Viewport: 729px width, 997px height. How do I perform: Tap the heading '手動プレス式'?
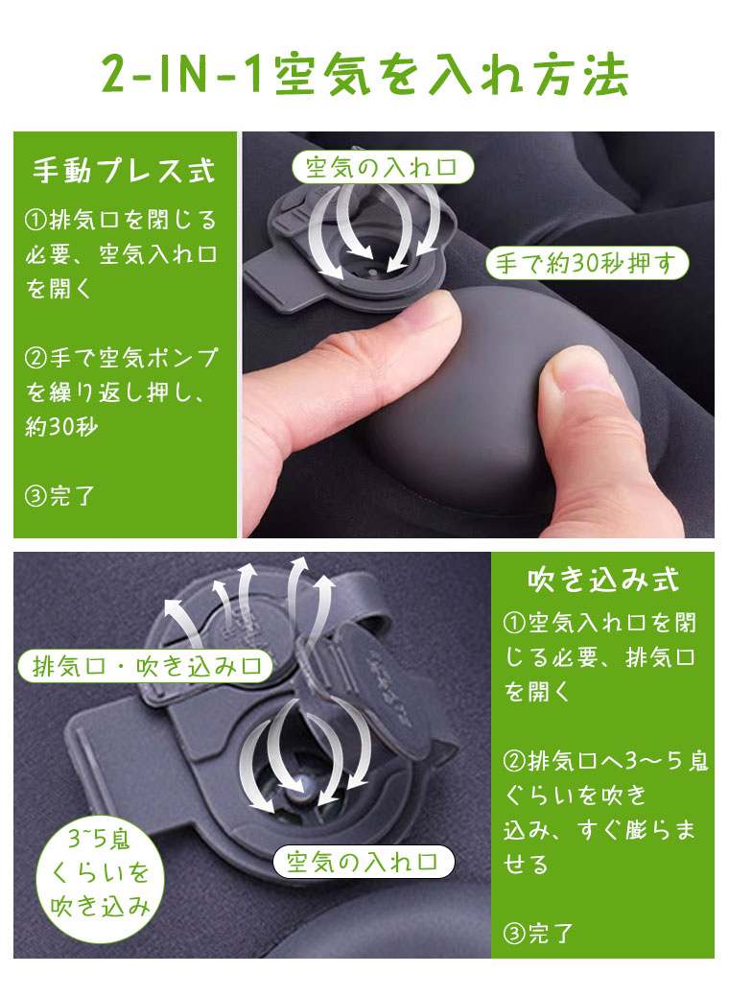click(x=124, y=171)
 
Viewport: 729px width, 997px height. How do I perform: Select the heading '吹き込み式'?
click(x=603, y=580)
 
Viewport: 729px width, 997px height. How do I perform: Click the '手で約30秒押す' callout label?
click(x=587, y=261)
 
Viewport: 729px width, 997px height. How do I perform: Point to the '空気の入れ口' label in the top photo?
click(x=383, y=168)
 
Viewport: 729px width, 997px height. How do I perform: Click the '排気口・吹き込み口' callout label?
click(x=145, y=666)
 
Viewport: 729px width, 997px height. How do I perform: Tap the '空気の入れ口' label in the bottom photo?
click(x=363, y=861)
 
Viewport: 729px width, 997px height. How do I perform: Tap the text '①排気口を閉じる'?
click(x=120, y=220)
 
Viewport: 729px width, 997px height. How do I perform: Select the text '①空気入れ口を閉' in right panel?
click(x=601, y=623)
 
